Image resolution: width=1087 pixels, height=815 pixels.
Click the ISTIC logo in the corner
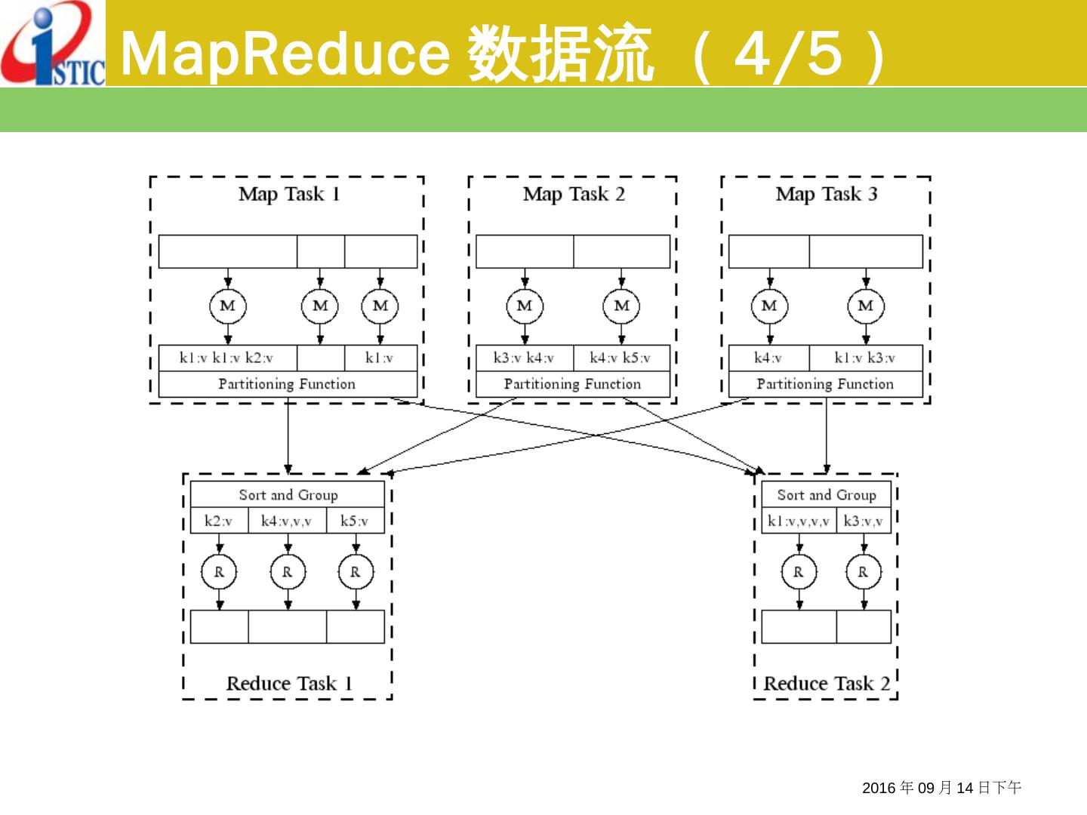pos(53,44)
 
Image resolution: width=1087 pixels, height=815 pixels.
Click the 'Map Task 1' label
pos(289,195)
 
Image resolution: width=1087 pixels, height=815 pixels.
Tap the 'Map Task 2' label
pos(574,195)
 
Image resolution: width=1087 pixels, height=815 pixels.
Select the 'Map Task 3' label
pos(827,195)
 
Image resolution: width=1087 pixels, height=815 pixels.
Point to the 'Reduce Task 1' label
pos(289,684)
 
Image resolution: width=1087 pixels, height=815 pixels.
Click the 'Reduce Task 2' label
pos(827,684)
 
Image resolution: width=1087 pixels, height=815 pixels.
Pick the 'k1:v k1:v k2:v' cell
pos(227,358)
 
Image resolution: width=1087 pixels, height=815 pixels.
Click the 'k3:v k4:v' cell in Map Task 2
pos(524,358)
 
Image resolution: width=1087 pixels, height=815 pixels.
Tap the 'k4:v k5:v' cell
pos(620,358)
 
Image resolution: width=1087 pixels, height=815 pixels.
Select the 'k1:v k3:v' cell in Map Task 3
pos(865,358)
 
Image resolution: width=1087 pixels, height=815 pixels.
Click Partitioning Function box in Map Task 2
pos(572,384)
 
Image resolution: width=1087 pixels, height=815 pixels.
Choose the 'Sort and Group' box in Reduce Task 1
pos(288,495)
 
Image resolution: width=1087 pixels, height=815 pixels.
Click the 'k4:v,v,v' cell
pos(287,521)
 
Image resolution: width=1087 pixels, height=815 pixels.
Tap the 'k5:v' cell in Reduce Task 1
pos(355,521)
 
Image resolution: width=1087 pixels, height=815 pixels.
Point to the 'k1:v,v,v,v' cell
pos(798,521)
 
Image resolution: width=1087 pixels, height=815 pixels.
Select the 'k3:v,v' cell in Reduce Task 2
pos(864,521)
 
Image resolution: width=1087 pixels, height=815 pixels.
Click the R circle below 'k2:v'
pos(219,572)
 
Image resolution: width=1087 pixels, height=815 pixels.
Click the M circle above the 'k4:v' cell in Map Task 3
pos(769,306)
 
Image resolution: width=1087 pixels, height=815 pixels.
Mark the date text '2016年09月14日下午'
pos(941,788)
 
